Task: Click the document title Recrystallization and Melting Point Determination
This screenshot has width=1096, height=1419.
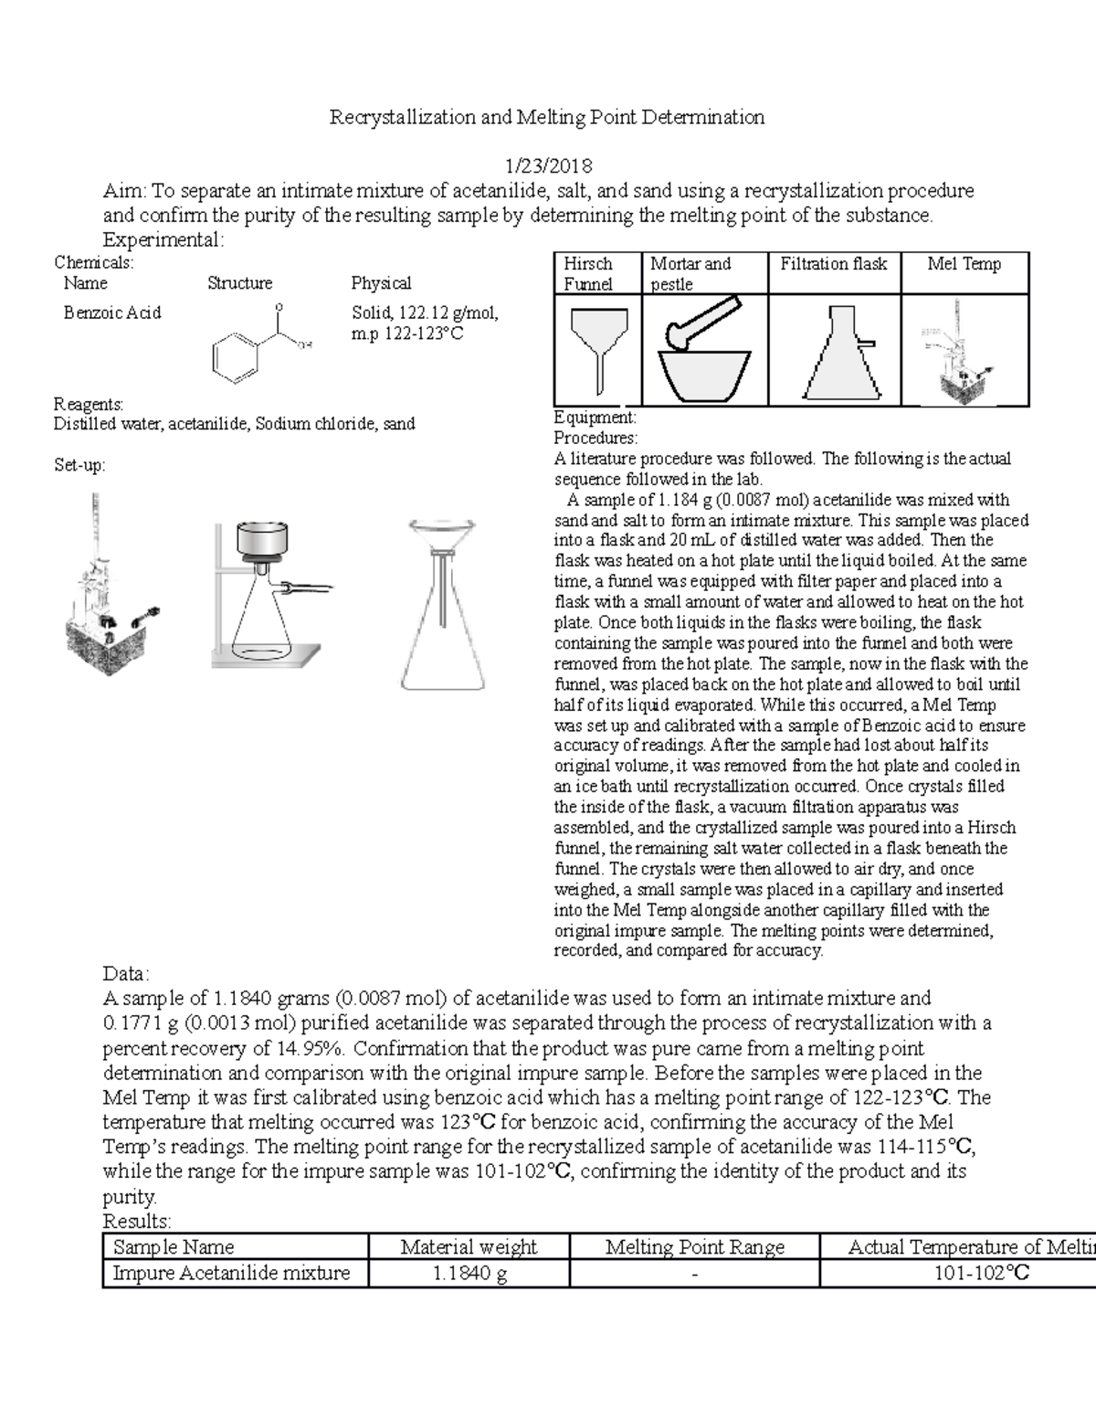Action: [546, 117]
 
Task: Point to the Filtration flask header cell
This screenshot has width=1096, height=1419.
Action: [833, 264]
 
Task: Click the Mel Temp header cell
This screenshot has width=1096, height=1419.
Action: [964, 264]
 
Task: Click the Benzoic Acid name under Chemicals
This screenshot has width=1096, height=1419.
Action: [112, 312]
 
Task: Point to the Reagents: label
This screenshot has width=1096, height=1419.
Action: [89, 404]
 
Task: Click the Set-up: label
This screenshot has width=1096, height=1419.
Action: [79, 465]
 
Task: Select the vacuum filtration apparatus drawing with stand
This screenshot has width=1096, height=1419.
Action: [265, 594]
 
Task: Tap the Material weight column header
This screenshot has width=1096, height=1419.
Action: [469, 1246]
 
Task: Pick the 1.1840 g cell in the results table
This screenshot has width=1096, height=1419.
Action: [469, 1273]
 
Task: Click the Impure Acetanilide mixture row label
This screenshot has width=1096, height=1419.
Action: [231, 1273]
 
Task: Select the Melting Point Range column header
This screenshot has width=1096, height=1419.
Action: [694, 1246]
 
